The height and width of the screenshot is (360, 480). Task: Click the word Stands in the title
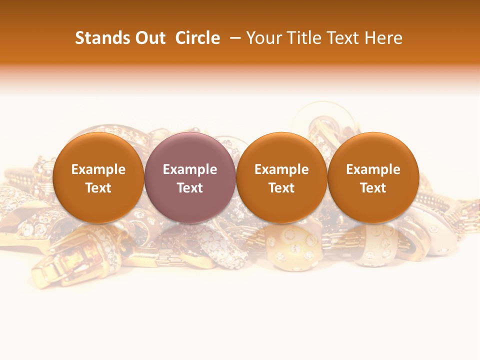pyautogui.click(x=101, y=38)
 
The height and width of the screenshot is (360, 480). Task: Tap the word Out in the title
pyautogui.click(x=149, y=38)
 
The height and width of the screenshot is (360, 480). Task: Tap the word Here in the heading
pyautogui.click(x=383, y=38)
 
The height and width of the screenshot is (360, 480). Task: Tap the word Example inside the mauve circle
pyautogui.click(x=190, y=169)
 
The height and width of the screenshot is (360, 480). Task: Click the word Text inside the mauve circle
pyautogui.click(x=190, y=188)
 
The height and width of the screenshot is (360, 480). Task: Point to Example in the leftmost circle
pyautogui.click(x=98, y=169)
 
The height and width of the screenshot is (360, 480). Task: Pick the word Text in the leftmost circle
pyautogui.click(x=98, y=188)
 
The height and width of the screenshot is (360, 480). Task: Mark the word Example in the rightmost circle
pyautogui.click(x=373, y=169)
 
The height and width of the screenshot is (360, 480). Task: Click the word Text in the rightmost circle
pyautogui.click(x=373, y=188)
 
